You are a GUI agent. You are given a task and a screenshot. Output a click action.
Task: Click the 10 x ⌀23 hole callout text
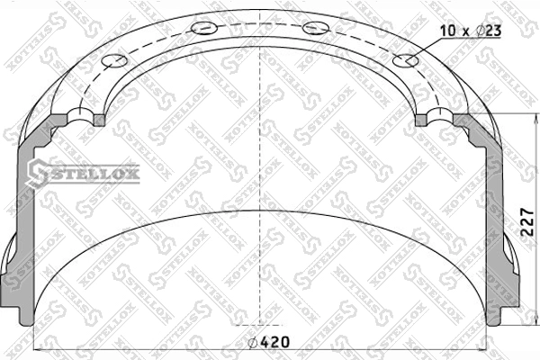click(x=471, y=31)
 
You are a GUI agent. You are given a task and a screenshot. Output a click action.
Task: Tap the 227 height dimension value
click(x=526, y=222)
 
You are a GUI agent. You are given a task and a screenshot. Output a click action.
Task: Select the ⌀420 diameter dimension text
click(x=269, y=342)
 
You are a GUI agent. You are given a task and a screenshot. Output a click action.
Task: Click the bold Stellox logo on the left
click(x=84, y=174)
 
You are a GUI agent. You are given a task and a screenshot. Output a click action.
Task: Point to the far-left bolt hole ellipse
click(x=114, y=60)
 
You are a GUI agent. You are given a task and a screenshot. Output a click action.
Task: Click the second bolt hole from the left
click(x=204, y=28)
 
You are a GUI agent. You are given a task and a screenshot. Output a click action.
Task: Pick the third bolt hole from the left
click(x=316, y=28)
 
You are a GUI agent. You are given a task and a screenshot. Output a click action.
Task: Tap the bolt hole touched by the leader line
click(x=405, y=60)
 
